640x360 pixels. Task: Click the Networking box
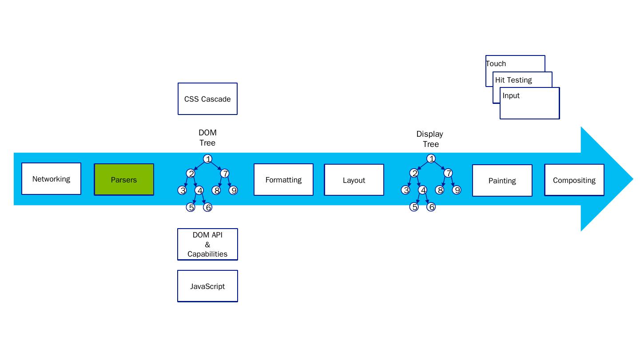point(51,179)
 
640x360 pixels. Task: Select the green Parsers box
point(124,180)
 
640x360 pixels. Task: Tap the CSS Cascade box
point(207,99)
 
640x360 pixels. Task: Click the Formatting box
point(283,180)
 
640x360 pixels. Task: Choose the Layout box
point(354,180)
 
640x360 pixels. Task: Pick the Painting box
point(502,181)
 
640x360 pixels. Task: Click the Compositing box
point(574,180)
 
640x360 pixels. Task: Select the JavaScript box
point(207,286)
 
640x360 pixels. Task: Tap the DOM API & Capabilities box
point(207,245)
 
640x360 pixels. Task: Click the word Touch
point(496,63)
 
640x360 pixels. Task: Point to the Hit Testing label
point(513,80)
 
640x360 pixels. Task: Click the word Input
point(511,95)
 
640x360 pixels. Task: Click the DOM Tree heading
point(207,138)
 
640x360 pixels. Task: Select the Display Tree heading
point(430,139)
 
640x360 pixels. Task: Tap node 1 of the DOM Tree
point(207,159)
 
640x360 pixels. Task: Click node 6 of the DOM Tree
point(207,207)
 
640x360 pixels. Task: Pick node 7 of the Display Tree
point(448,173)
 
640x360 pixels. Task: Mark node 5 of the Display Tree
point(414,207)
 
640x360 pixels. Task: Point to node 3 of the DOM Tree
point(182,190)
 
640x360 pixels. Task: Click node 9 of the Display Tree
point(457,190)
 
